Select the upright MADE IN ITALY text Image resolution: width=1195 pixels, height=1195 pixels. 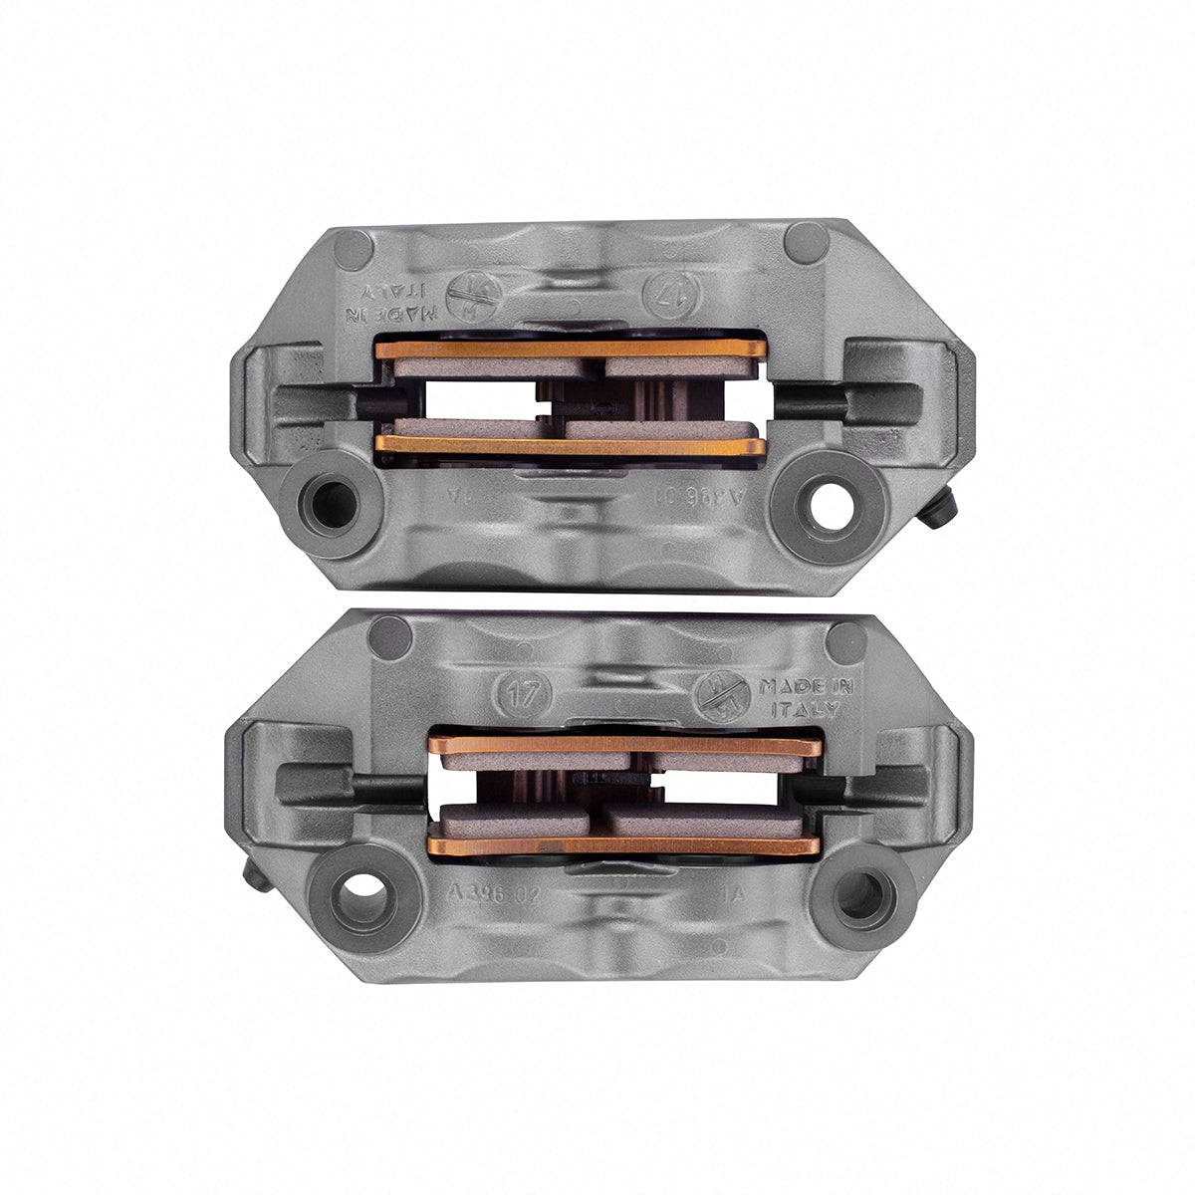pyautogui.click(x=799, y=697)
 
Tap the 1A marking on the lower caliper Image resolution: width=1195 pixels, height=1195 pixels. pyautogui.click(x=734, y=893)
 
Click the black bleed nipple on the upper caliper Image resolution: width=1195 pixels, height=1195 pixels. pyautogui.click(x=937, y=509)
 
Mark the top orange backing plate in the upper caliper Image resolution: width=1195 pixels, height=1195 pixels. pyautogui.click(x=570, y=349)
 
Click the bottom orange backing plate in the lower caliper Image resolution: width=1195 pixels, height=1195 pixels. pyautogui.click(x=623, y=846)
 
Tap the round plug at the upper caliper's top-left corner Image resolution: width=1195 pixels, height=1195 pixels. pyautogui.click(x=354, y=249)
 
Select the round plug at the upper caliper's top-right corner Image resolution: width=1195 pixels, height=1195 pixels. pyautogui.click(x=806, y=242)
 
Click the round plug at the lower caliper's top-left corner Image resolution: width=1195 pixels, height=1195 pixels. pyautogui.click(x=390, y=637)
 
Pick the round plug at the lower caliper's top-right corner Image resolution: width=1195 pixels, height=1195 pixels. pyautogui.click(x=846, y=641)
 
